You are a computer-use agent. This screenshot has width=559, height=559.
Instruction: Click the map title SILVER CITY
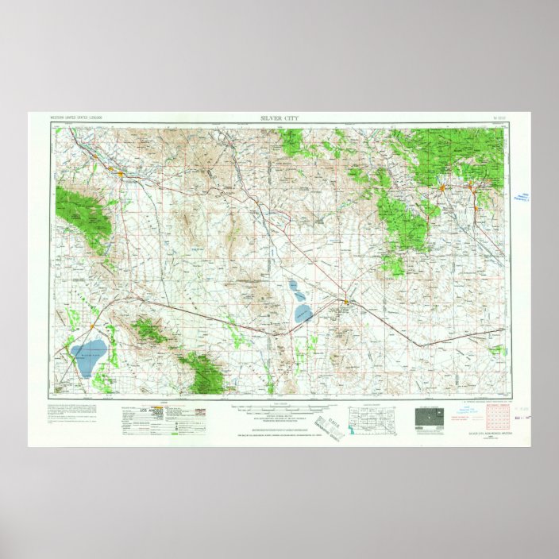point(279,118)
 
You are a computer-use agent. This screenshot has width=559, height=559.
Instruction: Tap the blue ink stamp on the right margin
point(521,196)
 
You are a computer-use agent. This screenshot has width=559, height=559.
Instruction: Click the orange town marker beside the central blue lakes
point(347,300)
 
